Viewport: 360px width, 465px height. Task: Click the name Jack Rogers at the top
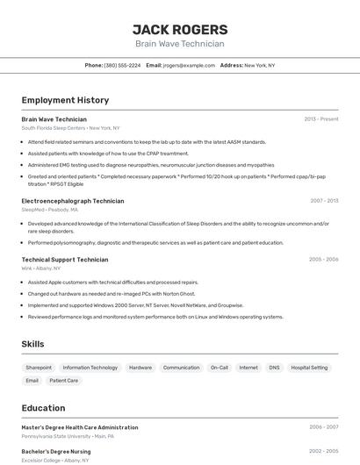(180, 29)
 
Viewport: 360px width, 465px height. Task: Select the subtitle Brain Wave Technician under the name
(180, 44)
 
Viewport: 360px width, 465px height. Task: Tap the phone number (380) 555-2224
(122, 65)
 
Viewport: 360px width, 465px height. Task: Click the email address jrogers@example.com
(189, 65)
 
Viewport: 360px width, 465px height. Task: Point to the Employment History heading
(65, 100)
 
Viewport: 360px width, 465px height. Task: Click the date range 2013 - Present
(321, 118)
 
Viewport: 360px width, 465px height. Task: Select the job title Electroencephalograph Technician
(72, 201)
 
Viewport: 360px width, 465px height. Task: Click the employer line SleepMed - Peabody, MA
(49, 210)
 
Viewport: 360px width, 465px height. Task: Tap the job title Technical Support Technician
(65, 260)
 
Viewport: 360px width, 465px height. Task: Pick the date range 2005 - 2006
(323, 260)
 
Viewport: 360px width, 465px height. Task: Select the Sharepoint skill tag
(39, 368)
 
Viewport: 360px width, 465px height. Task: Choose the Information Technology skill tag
(90, 368)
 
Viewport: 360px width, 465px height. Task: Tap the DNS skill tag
(274, 368)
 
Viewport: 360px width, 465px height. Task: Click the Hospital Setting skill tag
(309, 368)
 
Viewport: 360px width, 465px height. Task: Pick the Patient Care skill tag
(63, 381)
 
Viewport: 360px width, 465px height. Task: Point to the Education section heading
(43, 408)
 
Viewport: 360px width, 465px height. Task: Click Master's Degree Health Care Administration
(80, 427)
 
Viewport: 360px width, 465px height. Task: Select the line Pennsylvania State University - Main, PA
(68, 435)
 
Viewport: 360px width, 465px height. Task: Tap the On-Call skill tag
(220, 368)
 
